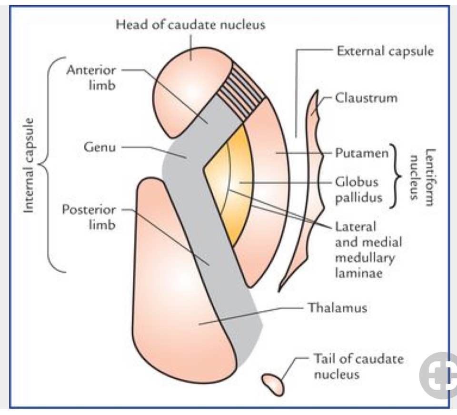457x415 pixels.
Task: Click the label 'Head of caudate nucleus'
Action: point(190,24)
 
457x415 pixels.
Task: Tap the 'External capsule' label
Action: point(385,50)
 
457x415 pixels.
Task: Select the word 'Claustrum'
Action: point(366,99)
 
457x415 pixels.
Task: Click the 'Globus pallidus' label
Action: point(357,189)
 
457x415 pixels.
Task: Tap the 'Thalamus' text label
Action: point(337,307)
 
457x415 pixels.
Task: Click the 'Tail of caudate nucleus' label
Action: point(358,366)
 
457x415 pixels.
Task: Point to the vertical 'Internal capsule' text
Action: point(30,166)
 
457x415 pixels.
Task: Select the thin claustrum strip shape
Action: point(305,190)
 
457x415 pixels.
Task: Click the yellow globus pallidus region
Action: point(233,186)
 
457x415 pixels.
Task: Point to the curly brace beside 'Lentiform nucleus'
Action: point(395,176)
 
